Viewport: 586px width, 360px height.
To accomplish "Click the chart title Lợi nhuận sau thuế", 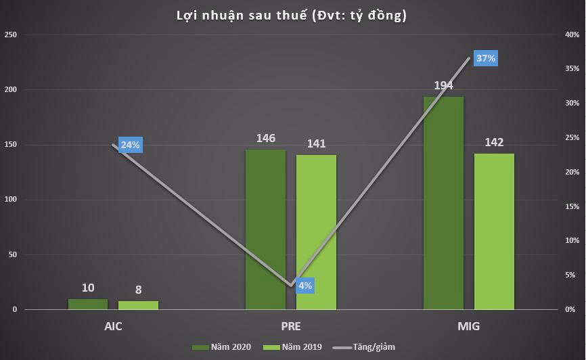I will point(293,15).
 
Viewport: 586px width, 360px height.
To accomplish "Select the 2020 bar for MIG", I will point(443,203).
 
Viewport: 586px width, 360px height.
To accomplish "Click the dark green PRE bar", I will point(265,229).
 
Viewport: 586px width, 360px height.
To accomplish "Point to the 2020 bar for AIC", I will point(88,305).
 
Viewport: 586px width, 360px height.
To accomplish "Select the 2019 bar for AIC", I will point(138,305).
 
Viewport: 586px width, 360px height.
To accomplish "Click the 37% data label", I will point(486,58).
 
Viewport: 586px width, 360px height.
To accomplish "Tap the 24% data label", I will point(130,145).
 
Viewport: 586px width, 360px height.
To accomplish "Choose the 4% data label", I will point(305,286).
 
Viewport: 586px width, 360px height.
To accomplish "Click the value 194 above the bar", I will point(443,85).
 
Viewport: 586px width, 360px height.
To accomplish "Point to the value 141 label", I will point(316,143).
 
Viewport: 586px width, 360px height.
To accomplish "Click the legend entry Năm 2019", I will point(292,347).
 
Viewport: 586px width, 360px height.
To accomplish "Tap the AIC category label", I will point(113,326).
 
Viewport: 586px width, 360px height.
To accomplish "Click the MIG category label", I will point(468,326).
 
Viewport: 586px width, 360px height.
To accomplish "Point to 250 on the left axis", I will point(11,35).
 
